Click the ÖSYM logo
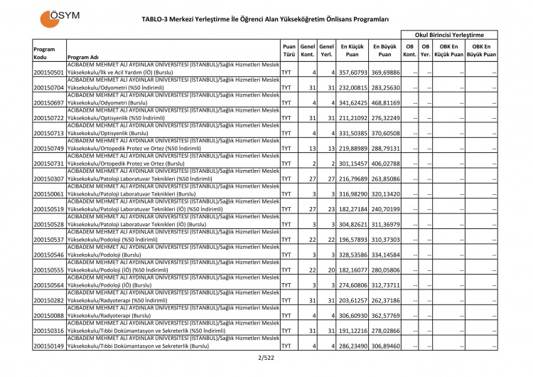pos(60,17)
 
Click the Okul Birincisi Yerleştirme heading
pos(449,34)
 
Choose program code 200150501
pos(49,73)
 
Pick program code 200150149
pos(49,346)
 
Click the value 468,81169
pos(384,103)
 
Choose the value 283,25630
pos(384,87)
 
